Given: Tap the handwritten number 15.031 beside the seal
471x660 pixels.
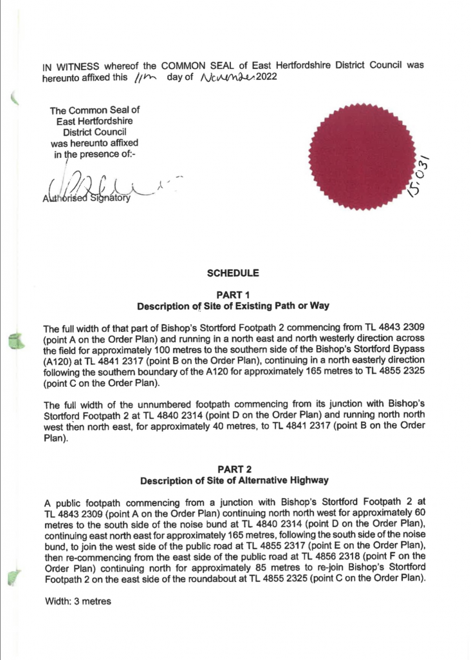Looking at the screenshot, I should click(426, 178).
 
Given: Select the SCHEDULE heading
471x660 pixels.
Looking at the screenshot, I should click(233, 273).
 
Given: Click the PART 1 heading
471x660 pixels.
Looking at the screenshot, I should click(233, 295).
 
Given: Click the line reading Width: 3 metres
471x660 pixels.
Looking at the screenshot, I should click(78, 601).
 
